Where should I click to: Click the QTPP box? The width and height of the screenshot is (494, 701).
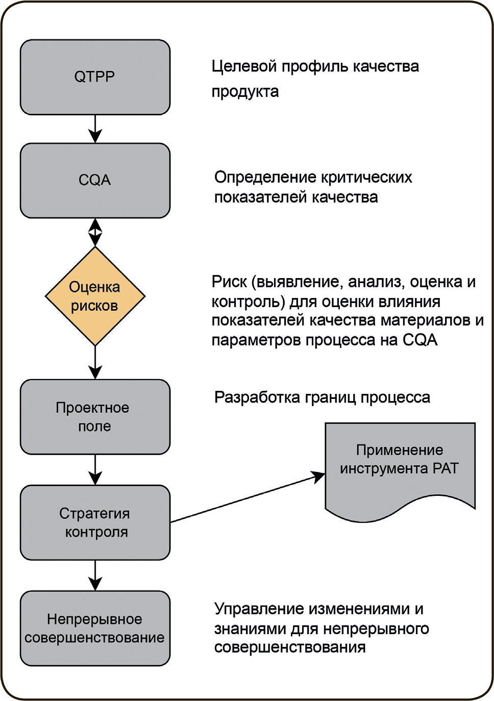pyautogui.click(x=95, y=77)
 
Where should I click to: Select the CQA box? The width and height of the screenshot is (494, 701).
pyautogui.click(x=95, y=181)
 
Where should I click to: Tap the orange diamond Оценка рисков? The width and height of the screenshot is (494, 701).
pyautogui.click(x=95, y=296)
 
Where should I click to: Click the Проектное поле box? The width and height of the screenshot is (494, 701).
pyautogui.click(x=95, y=417)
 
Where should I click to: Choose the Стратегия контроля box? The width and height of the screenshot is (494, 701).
pyautogui.click(x=95, y=522)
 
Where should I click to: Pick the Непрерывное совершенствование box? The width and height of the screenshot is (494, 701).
pyautogui.click(x=95, y=628)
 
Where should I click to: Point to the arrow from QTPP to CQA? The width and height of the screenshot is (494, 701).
pyautogui.click(x=95, y=129)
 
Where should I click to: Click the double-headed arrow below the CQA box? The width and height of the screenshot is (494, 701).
pyautogui.click(x=95, y=232)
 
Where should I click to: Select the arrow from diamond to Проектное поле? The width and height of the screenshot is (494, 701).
pyautogui.click(x=95, y=362)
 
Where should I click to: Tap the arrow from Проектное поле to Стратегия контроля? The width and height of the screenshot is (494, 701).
pyautogui.click(x=95, y=469)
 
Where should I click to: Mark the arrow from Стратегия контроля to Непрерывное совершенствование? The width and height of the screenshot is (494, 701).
pyautogui.click(x=95, y=575)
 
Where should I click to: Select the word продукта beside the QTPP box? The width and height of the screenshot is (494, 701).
pyautogui.click(x=245, y=92)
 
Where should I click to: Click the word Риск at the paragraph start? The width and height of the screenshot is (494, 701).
pyautogui.click(x=229, y=282)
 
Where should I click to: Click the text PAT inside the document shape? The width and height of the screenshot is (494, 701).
pyautogui.click(x=445, y=468)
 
